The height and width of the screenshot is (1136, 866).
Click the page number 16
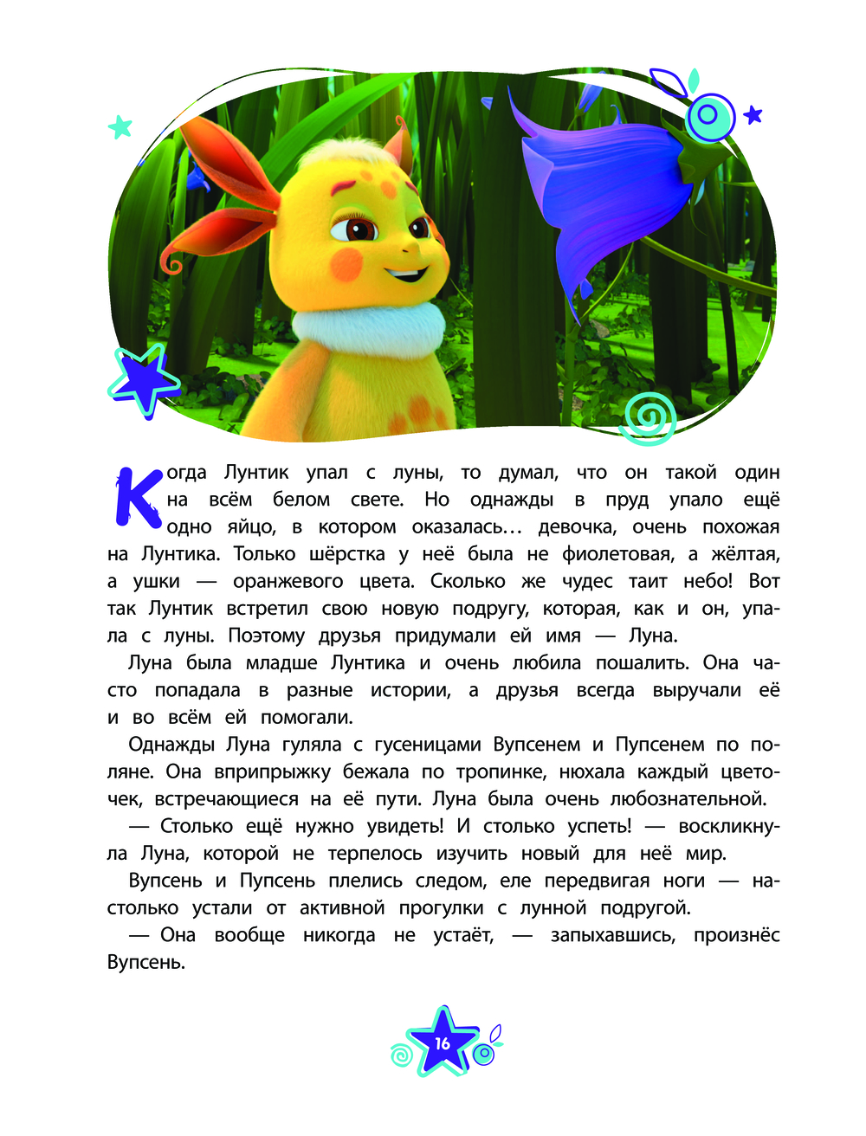pyautogui.click(x=443, y=1042)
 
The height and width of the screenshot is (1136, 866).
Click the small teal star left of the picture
pyautogui.click(x=120, y=127)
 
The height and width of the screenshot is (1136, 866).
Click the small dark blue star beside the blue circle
pyautogui.click(x=753, y=114)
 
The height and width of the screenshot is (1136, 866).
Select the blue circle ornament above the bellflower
pyautogui.click(x=709, y=115)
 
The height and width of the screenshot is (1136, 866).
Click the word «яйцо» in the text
pyautogui.click(x=251, y=527)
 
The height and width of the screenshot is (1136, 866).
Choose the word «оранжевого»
pyautogui.click(x=288, y=582)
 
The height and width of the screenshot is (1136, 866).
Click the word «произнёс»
pyautogui.click(x=736, y=936)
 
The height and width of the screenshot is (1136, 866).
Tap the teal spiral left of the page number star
pyautogui.click(x=402, y=1055)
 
